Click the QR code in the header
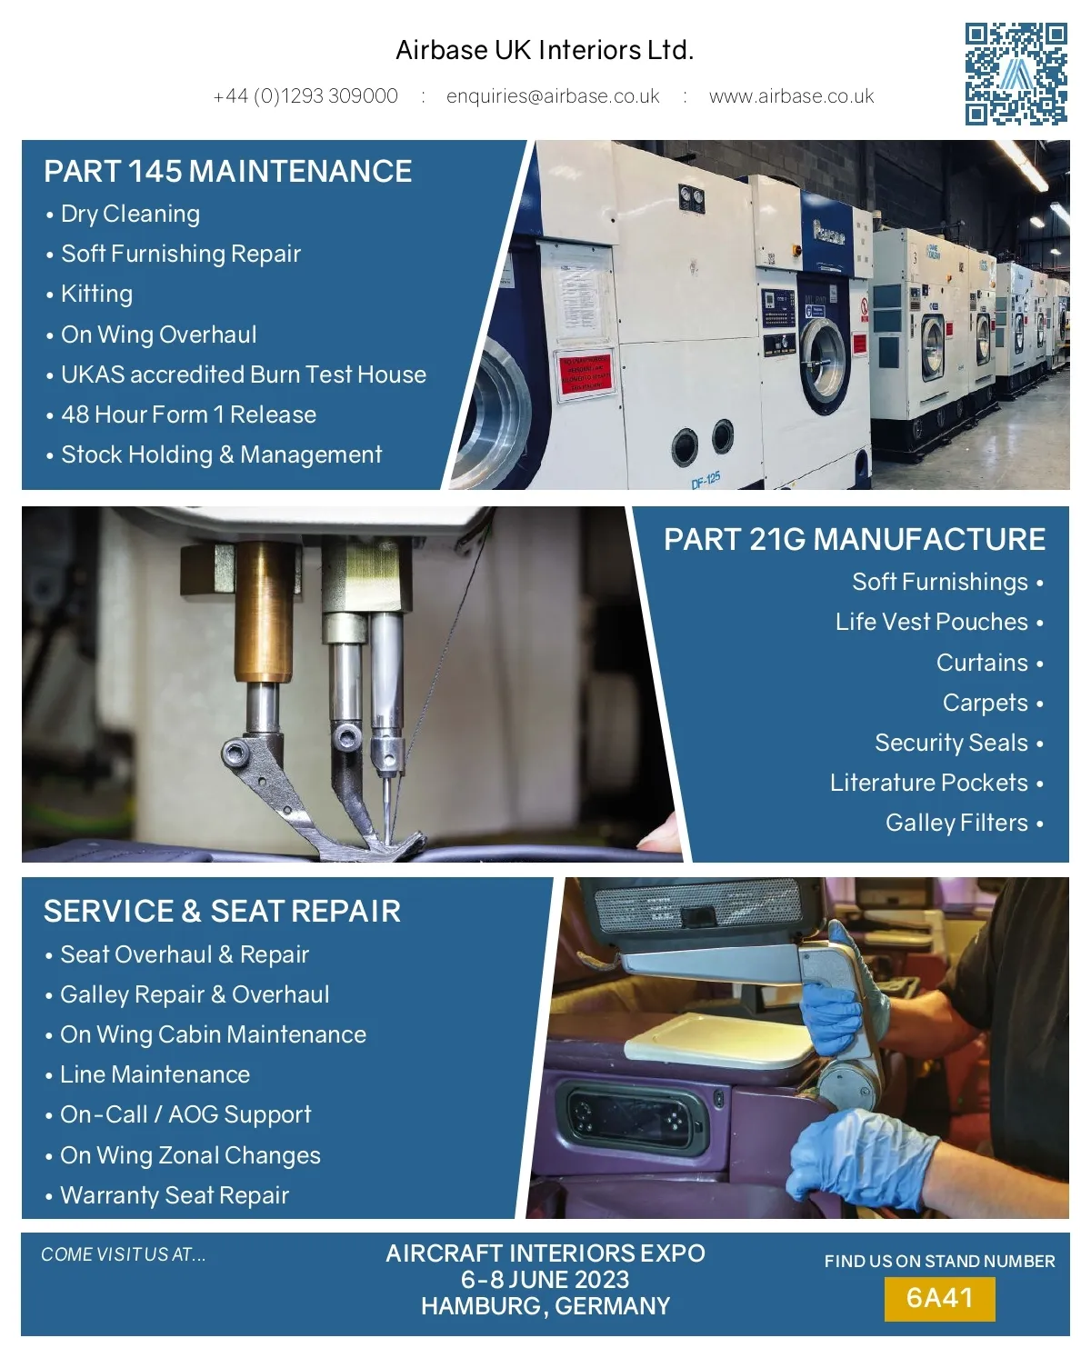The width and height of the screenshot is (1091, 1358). pyautogui.click(x=1016, y=74)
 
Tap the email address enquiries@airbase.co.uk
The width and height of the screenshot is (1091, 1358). pyautogui.click(x=553, y=96)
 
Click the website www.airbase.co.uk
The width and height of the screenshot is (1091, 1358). pyautogui.click(x=791, y=96)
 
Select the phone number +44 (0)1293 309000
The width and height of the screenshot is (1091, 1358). pyautogui.click(x=305, y=96)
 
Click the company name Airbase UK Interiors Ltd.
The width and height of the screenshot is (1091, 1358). pyautogui.click(x=545, y=50)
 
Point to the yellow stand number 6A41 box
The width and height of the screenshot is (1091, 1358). pyautogui.click(x=939, y=1298)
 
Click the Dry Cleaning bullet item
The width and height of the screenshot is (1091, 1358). pyautogui.click(x=123, y=214)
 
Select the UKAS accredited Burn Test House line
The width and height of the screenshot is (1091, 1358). pyautogui.click(x=236, y=374)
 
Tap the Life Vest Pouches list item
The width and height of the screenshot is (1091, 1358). pyautogui.click(x=939, y=622)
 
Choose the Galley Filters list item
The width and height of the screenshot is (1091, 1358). pyautogui.click(x=964, y=823)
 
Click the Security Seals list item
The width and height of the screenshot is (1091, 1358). pyautogui.click(x=958, y=743)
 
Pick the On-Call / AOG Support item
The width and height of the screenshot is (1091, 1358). pyautogui.click(x=179, y=1115)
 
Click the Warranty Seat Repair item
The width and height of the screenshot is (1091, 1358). pyautogui.click(x=167, y=1195)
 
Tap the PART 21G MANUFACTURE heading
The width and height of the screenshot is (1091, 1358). pyautogui.click(x=855, y=540)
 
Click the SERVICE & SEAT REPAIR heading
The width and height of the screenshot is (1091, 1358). pyautogui.click(x=222, y=911)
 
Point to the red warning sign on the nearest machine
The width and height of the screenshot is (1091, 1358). pyautogui.click(x=586, y=374)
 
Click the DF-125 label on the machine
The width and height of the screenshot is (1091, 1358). pyautogui.click(x=706, y=481)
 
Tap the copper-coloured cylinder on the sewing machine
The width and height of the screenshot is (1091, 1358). pyautogui.click(x=264, y=612)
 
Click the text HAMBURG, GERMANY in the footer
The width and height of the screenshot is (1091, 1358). pyautogui.click(x=545, y=1306)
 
